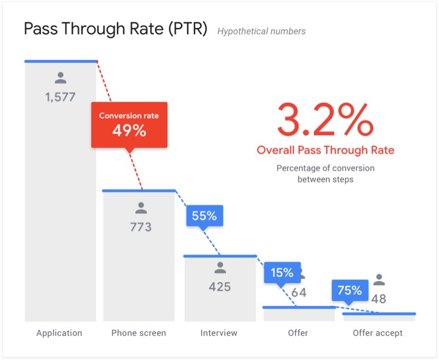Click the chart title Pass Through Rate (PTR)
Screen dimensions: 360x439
pos(115,30)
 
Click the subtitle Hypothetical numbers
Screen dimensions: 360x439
pos(262,31)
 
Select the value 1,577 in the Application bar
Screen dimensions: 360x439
pos(60,96)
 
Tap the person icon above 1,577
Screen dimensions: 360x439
pos(60,78)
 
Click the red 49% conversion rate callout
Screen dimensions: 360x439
pos(129,124)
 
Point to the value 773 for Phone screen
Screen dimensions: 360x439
pos(141,227)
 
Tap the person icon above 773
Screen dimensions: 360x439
pos(141,208)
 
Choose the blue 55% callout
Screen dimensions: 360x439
pos(204,216)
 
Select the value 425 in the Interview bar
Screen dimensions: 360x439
pos(220,286)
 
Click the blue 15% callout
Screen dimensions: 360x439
pos(282,273)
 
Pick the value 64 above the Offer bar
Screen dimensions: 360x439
pos(299,292)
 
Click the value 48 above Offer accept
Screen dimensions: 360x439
pos(379,299)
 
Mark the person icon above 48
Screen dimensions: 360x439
pos(379,280)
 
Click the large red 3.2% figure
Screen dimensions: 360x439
pos(325,120)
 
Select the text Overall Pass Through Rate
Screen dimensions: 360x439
pos(325,150)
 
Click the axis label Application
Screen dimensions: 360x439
pos(59,333)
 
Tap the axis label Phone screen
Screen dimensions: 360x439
pos(138,333)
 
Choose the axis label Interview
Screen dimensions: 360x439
pos(219,333)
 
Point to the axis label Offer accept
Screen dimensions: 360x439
pos(378,333)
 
